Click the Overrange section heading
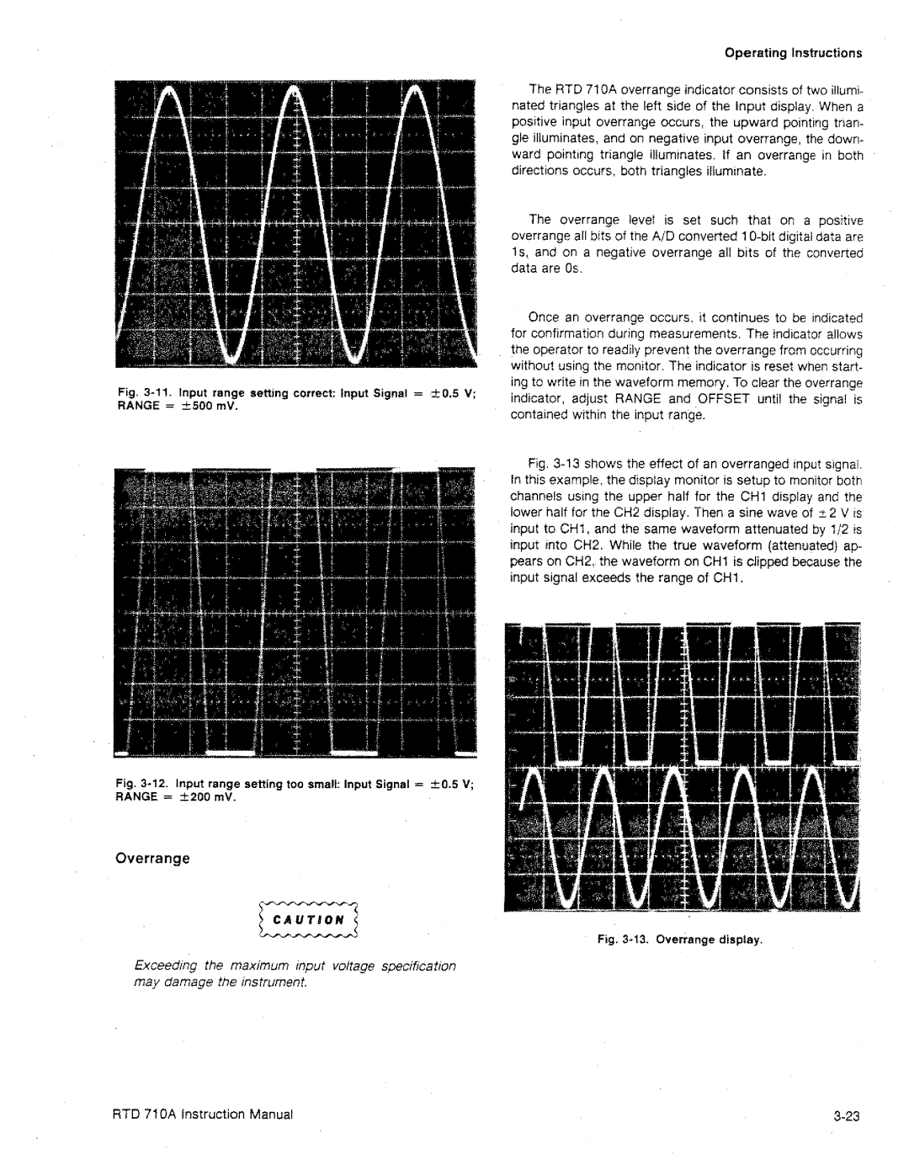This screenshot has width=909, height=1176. [x=151, y=859]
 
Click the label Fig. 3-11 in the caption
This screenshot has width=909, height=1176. [x=133, y=394]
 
